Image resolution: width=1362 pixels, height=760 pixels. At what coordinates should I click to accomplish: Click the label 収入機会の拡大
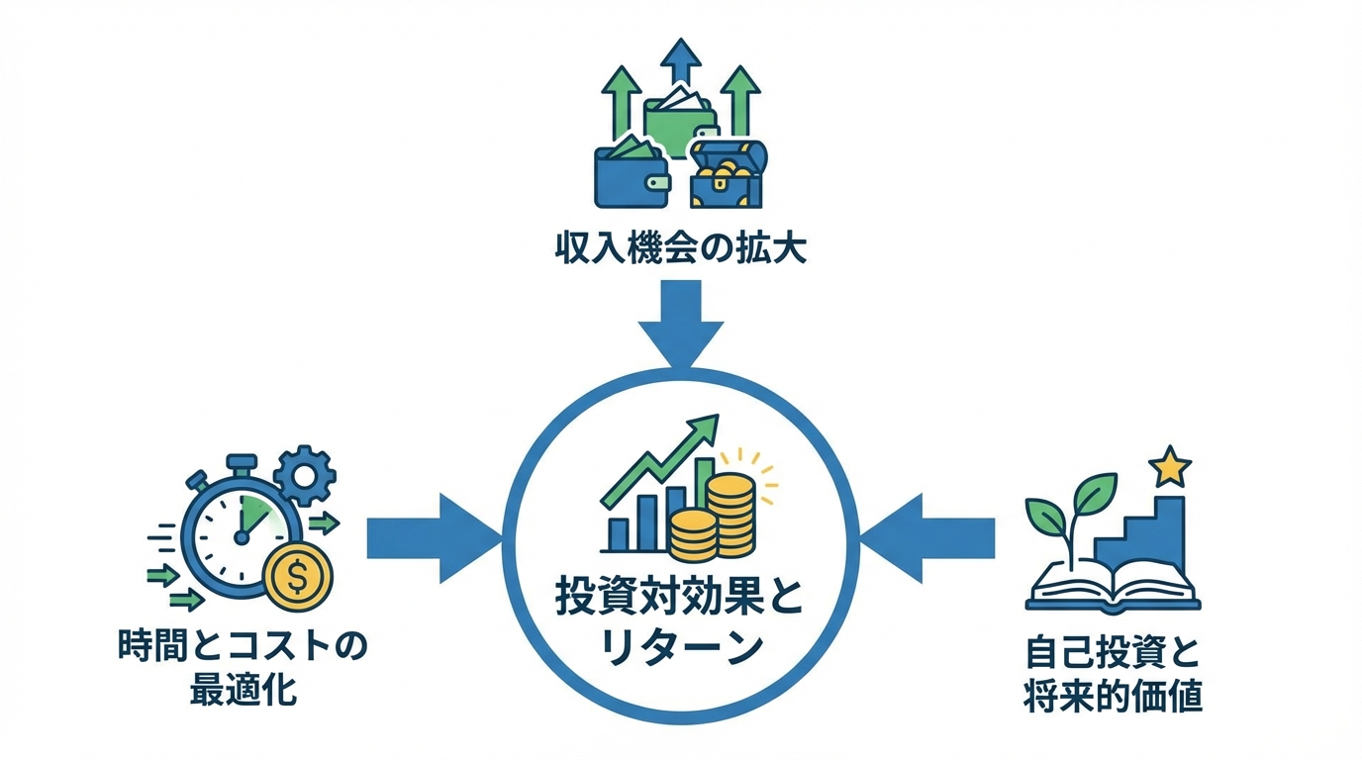coord(680,247)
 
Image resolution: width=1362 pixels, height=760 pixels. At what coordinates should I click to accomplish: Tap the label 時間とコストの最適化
coord(243,667)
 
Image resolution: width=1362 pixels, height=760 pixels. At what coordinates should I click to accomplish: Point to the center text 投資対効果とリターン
coord(680,623)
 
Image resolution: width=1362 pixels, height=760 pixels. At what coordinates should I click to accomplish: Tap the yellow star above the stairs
coord(1170,466)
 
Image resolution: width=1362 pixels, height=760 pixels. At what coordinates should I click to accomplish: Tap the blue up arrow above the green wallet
coord(680,62)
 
